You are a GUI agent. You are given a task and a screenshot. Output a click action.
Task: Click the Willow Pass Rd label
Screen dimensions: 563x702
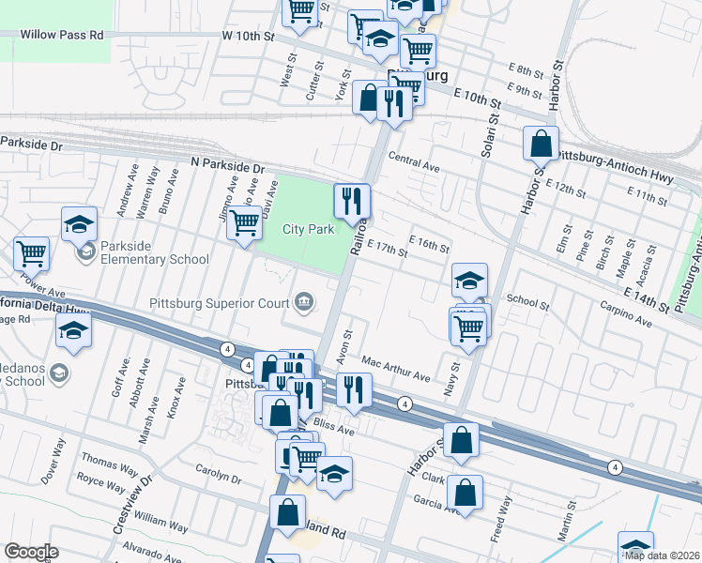tap(62, 35)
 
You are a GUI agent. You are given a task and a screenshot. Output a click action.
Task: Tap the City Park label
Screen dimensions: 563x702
tap(309, 229)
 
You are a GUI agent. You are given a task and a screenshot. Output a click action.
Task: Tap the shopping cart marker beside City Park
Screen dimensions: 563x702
tap(244, 224)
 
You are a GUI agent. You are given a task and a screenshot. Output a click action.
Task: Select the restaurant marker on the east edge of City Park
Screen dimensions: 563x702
tap(352, 201)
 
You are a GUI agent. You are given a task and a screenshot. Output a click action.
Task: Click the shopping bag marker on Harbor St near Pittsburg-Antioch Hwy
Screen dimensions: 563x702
tap(542, 144)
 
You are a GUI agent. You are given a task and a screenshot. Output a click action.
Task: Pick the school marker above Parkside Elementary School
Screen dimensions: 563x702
tap(80, 224)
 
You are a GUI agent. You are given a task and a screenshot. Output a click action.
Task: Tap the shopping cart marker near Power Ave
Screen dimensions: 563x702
tap(32, 253)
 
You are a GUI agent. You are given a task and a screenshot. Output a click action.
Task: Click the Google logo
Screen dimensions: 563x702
tap(31, 552)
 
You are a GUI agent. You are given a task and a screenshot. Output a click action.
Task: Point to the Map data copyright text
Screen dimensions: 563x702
tap(662, 555)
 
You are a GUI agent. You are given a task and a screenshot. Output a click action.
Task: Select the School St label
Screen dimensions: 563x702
tap(527, 302)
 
